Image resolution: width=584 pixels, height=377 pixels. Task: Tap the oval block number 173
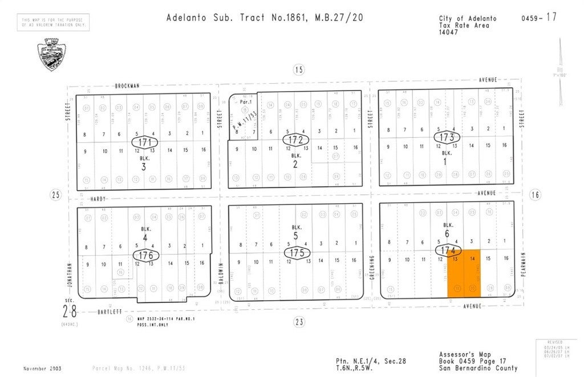[447, 137]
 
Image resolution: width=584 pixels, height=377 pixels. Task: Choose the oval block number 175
[296, 252]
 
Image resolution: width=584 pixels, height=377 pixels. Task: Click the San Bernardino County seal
[50, 55]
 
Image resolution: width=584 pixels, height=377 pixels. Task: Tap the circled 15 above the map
[298, 70]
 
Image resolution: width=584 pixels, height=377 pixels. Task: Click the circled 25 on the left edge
[55, 195]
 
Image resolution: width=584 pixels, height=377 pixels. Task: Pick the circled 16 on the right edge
[535, 195]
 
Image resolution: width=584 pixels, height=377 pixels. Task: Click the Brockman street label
[127, 85]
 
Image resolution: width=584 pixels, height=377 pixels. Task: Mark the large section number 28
[68, 312]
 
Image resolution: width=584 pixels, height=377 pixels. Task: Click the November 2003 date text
[43, 368]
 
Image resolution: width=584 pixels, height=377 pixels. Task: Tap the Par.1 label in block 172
[246, 103]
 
